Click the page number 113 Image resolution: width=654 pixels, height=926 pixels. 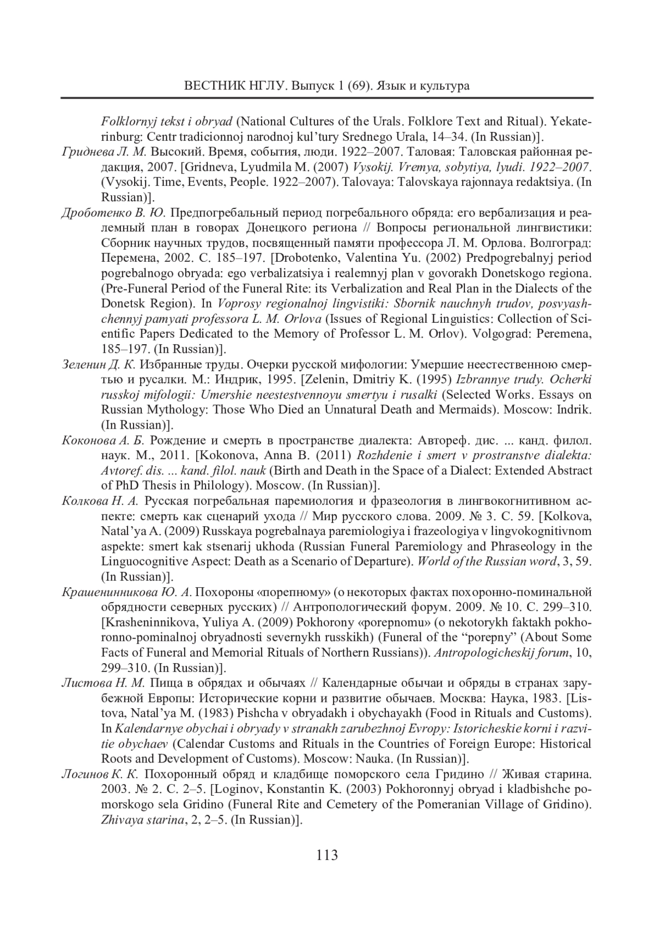point(327,855)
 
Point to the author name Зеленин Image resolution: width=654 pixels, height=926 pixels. point(82,364)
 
